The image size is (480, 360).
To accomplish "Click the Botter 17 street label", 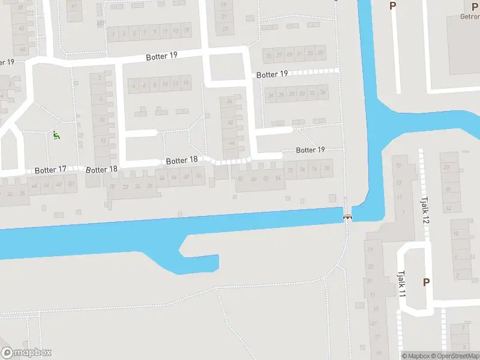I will pos(50,170).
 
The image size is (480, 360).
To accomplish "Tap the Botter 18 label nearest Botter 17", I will pos(101,169).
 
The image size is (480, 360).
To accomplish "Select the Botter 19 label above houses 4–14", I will pos(161,56).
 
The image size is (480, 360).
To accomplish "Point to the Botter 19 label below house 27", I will pos(272,74).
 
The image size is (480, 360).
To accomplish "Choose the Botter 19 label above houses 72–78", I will pos(310,150).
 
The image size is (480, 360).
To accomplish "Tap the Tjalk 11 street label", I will pos(401,283).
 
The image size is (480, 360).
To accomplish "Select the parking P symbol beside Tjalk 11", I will pos(427,282).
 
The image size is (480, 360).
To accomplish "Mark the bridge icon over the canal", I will pos(347,216).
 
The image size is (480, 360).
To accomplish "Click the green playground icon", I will pos(56,136).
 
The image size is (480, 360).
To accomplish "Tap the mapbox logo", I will pos(26,353).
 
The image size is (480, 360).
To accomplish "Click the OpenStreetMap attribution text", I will pos(454,356).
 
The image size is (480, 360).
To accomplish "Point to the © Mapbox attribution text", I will pos(415,356).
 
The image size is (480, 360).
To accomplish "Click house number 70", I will pos(112,187).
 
